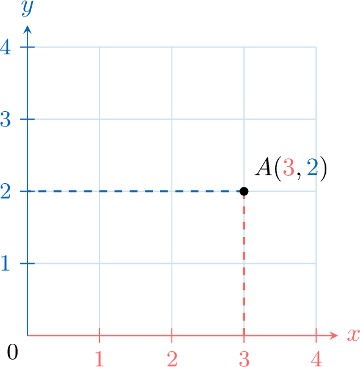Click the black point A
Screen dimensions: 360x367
(x=244, y=191)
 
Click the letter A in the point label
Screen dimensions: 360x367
(x=263, y=167)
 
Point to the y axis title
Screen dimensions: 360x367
(x=27, y=9)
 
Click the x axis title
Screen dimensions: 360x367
(x=353, y=335)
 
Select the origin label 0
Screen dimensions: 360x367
(x=12, y=352)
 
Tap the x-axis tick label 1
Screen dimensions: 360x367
(x=100, y=358)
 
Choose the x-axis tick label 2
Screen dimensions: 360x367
(x=172, y=358)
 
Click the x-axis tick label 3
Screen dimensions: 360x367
(x=244, y=358)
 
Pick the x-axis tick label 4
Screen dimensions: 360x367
(x=316, y=358)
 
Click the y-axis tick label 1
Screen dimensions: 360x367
(x=5, y=263)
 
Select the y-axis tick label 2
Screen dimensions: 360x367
(x=5, y=191)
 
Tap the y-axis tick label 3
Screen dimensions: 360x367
(x=6, y=119)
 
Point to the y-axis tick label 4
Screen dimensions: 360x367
(x=6, y=47)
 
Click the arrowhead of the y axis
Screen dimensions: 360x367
(x=28, y=29)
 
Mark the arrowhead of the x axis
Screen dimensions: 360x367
(x=334, y=335)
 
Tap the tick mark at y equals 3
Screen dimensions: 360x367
(x=28, y=119)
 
